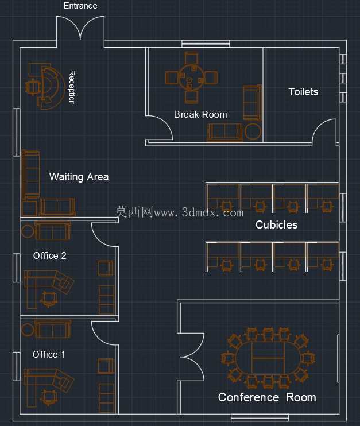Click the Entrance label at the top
point(80,6)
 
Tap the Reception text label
point(71,87)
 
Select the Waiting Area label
point(79,177)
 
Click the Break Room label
point(200,114)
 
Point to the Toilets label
point(303,92)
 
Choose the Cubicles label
point(276,224)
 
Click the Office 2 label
point(50,255)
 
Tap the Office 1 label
point(49,354)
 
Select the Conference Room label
point(267,397)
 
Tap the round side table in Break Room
point(253,131)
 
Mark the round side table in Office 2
point(28,231)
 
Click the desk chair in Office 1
point(49,397)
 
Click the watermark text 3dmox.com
point(212,212)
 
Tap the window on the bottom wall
point(260,417)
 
